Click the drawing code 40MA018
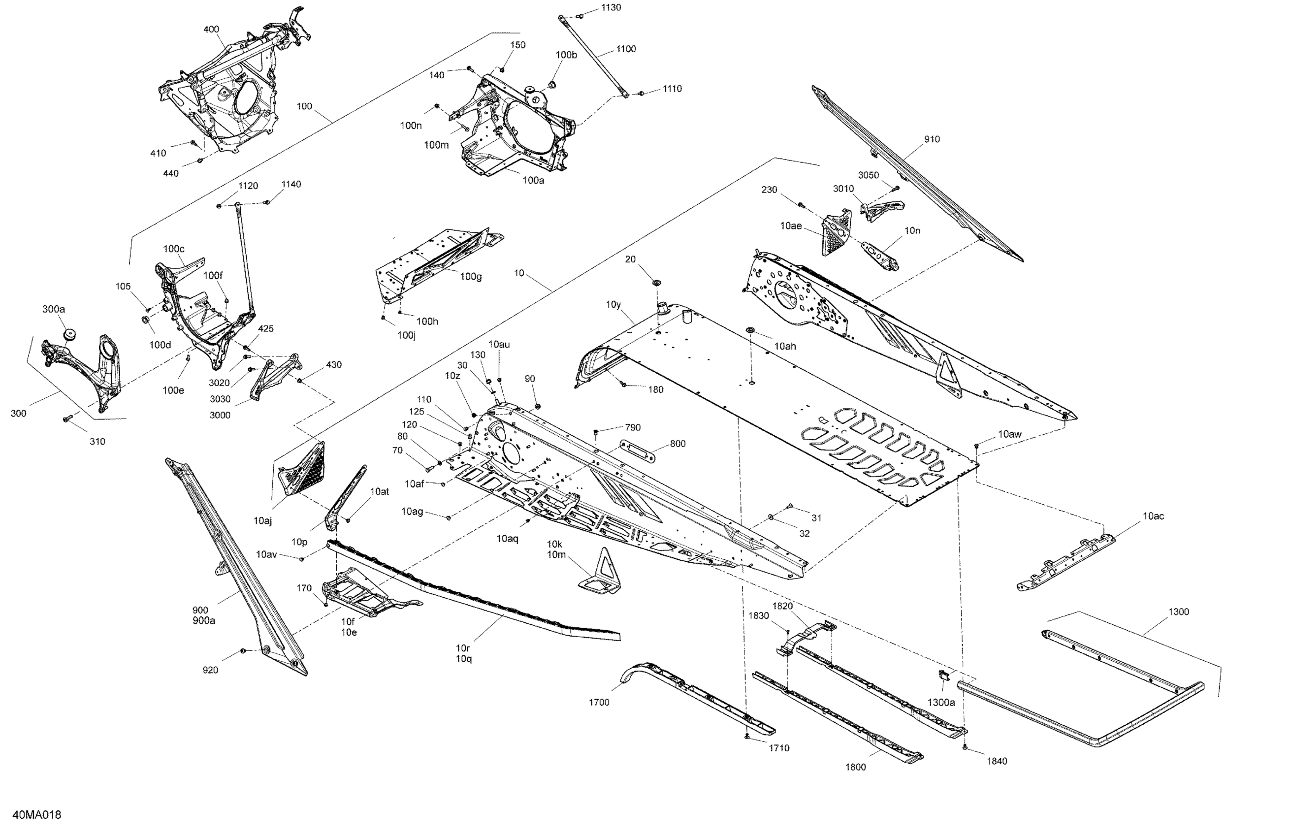(x=37, y=815)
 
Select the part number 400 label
(x=211, y=29)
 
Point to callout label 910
(x=932, y=139)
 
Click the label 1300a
(x=941, y=703)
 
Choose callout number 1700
(x=599, y=703)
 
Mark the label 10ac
(x=1153, y=516)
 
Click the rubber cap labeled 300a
(x=69, y=334)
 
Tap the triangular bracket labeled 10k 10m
(x=602, y=572)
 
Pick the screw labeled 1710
(x=747, y=736)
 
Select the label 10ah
(x=785, y=346)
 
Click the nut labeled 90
(x=538, y=406)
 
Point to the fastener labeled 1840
(x=965, y=747)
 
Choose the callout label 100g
(x=470, y=277)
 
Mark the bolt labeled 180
(x=624, y=384)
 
